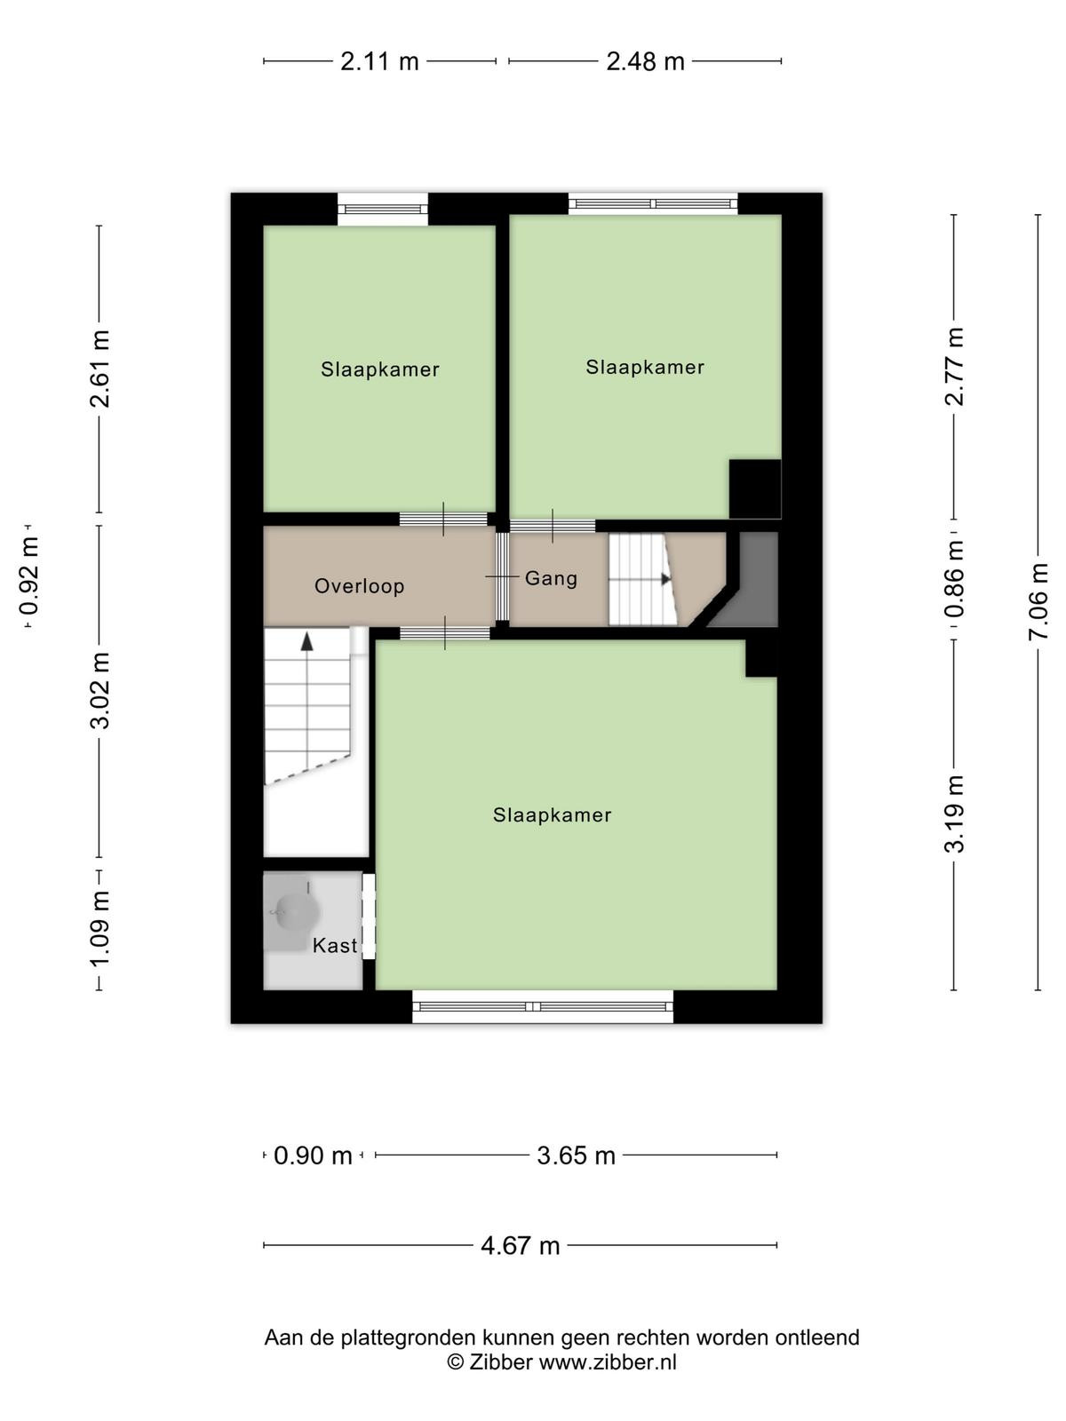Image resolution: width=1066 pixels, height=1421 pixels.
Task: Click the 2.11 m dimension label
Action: (x=380, y=61)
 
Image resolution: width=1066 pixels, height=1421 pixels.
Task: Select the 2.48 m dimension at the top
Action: (x=645, y=61)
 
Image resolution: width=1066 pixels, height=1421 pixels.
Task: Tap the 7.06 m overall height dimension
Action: (x=1038, y=601)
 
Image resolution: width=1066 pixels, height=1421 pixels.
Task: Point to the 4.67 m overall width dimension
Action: (x=520, y=1245)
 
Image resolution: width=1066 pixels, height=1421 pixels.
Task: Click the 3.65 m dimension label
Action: (x=576, y=1155)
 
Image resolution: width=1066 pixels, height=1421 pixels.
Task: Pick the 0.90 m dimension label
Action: (x=313, y=1155)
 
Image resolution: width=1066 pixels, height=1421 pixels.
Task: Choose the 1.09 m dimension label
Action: (x=99, y=928)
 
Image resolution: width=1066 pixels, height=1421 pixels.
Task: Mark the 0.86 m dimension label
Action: (x=954, y=578)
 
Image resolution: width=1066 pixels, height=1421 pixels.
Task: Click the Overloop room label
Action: (x=359, y=586)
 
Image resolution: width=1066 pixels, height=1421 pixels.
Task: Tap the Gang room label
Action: (x=551, y=578)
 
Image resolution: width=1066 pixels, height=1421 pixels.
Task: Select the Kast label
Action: (x=335, y=946)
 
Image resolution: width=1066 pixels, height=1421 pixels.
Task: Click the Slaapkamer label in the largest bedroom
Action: (x=552, y=815)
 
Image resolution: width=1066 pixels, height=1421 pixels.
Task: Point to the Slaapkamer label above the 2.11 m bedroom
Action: (x=380, y=369)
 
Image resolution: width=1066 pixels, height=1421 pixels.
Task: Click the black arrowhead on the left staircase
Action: (x=306, y=641)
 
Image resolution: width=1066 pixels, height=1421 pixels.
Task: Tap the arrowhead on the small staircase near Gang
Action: (x=666, y=579)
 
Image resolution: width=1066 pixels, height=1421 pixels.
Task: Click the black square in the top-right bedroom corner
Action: (x=755, y=489)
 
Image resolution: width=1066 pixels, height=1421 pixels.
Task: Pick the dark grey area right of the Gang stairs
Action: (x=749, y=578)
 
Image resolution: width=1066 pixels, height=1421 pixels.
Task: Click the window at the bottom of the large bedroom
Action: (x=543, y=1006)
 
